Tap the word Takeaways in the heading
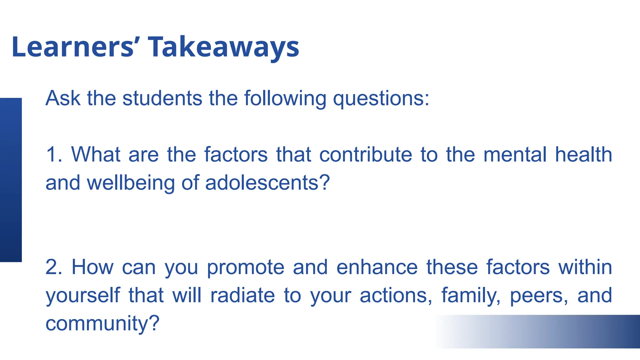tap(223, 47)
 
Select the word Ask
tap(63, 98)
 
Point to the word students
tap(162, 98)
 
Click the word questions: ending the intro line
tap(381, 99)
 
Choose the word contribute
tap(366, 154)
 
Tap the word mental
tap(515, 154)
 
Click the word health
tap(583, 154)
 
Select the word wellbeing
tap(131, 183)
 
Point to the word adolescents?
tap(267, 182)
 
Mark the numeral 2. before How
tap(54, 267)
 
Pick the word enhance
tap(377, 267)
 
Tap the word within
tap(585, 267)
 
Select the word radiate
tap(242, 295)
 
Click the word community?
tap(102, 323)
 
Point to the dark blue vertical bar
tap(11, 180)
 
